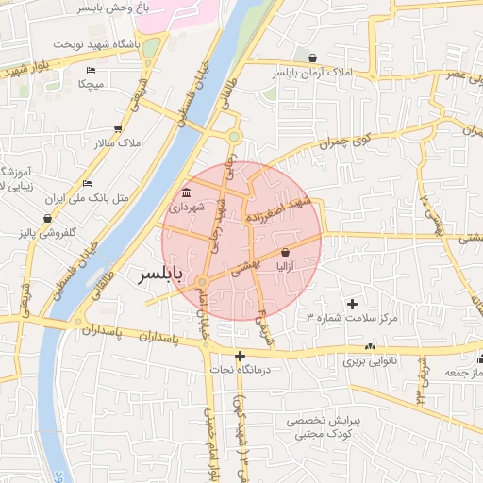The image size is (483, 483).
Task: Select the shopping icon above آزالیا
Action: [x=286, y=252]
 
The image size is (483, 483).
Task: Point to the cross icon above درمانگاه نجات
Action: [x=241, y=356]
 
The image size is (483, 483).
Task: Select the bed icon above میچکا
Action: [x=91, y=71]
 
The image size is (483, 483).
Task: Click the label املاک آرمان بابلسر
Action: [x=312, y=72]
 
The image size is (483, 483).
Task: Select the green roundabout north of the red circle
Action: [x=233, y=138]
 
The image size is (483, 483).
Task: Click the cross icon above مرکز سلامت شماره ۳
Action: [x=353, y=304]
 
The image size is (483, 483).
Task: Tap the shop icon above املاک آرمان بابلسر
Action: [x=312, y=58]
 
